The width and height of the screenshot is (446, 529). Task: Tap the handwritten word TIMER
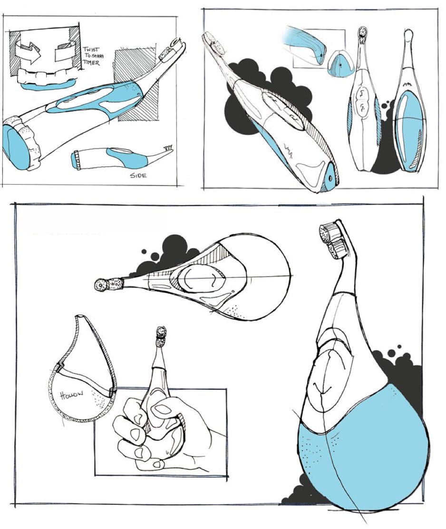click(x=91, y=63)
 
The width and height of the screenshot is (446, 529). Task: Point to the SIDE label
click(x=138, y=175)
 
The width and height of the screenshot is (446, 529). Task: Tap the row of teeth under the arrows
click(x=46, y=76)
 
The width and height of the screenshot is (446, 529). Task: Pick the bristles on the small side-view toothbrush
click(x=168, y=147)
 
